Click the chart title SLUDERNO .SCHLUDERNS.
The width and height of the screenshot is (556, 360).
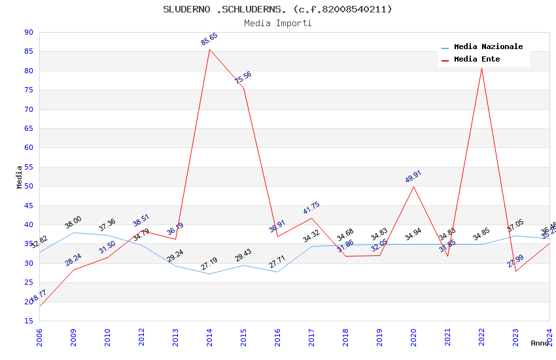[277, 9]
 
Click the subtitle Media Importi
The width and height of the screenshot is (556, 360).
[277, 23]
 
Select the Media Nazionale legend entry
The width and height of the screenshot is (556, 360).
[488, 47]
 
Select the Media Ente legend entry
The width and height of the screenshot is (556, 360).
[477, 60]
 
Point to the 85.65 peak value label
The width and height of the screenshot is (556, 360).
[209, 39]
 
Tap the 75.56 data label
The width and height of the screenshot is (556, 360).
[243, 78]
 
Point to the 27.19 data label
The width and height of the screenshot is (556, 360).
[209, 264]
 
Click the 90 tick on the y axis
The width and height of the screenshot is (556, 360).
[28, 33]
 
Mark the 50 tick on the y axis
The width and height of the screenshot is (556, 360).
[28, 187]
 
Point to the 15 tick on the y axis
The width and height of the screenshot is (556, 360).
[28, 321]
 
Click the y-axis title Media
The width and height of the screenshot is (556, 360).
[20, 177]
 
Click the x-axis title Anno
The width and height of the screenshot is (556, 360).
[540, 343]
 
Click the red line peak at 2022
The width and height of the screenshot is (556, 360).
[481, 68]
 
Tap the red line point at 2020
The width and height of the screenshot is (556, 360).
[413, 187]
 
